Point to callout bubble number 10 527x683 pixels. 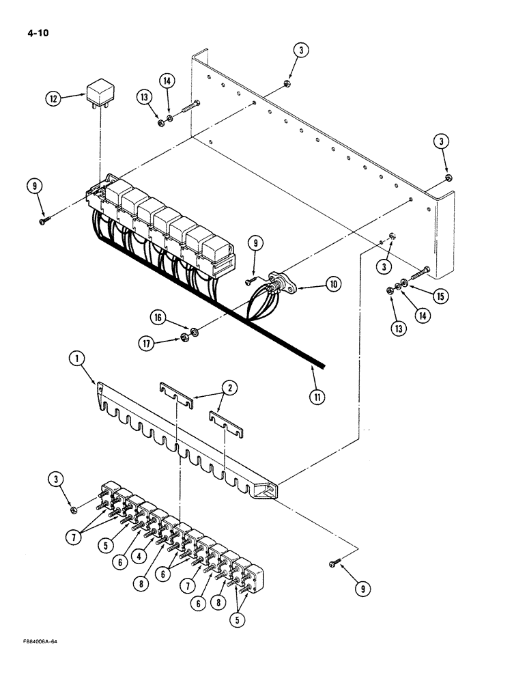click(332, 283)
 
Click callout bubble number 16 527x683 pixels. click(158, 318)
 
